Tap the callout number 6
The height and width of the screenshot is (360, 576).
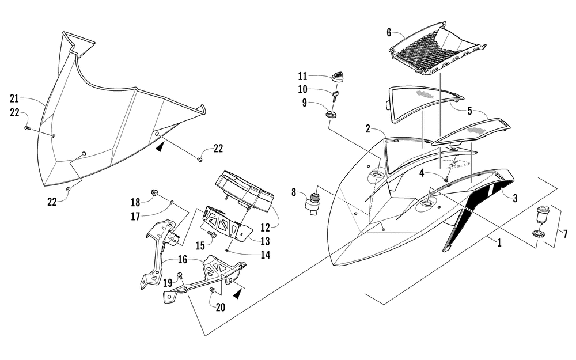pos(389,33)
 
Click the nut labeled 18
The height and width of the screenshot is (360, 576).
pos(155,192)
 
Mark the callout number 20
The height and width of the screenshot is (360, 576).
pos(221,307)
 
